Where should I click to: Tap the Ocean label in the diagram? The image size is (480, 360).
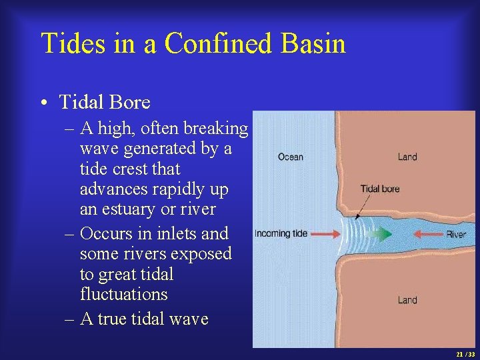click(x=291, y=157)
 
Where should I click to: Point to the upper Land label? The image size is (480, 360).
click(x=407, y=157)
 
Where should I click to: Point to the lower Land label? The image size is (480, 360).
click(x=407, y=300)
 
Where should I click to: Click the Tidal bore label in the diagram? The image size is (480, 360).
click(x=380, y=189)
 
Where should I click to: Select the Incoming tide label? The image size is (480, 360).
click(x=281, y=234)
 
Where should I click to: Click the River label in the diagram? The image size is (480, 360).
click(x=456, y=235)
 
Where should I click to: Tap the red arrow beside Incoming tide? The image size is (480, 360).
click(x=325, y=234)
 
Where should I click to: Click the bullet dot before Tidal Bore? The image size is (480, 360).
click(x=43, y=103)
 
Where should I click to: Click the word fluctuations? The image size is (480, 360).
click(x=123, y=294)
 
